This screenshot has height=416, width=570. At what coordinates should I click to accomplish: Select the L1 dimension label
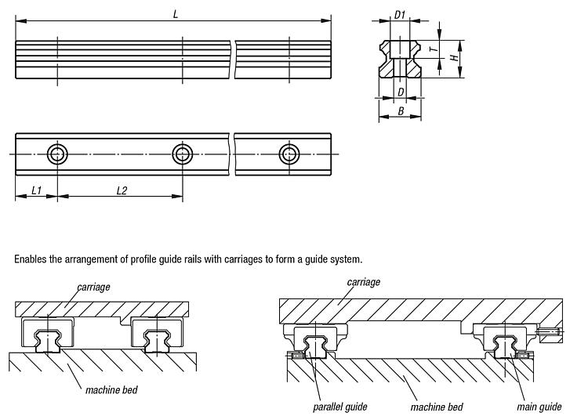36,191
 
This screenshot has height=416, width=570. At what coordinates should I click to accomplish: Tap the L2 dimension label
122,191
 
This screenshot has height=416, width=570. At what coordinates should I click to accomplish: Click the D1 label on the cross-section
399,15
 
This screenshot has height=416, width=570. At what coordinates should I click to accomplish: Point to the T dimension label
432,49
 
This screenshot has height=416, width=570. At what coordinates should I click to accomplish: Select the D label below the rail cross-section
401,92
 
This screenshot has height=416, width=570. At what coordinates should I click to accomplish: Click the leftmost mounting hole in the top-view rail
57,153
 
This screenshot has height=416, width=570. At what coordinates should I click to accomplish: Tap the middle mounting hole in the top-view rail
183,153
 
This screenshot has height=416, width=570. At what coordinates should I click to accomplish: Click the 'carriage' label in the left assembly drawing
93,288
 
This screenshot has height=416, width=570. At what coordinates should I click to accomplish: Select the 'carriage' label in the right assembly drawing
363,281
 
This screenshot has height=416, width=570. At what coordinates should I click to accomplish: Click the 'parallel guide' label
339,407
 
